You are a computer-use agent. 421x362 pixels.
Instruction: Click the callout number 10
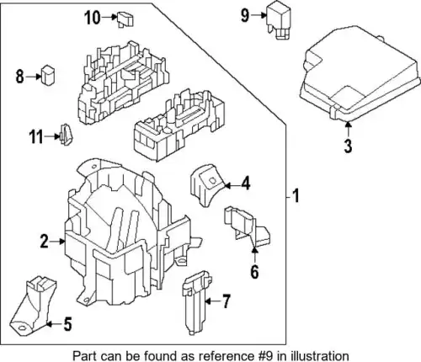(x=93, y=18)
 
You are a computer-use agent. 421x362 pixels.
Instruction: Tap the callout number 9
(x=245, y=15)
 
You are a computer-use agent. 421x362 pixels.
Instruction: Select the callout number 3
(x=348, y=146)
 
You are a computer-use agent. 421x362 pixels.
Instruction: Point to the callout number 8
(x=19, y=77)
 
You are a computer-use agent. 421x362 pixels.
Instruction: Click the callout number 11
(x=36, y=137)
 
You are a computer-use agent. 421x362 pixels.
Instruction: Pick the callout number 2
(x=45, y=242)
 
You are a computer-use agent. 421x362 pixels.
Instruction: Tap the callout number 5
(x=67, y=324)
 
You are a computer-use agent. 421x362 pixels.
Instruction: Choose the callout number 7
(x=226, y=301)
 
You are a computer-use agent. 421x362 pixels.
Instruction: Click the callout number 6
(x=254, y=272)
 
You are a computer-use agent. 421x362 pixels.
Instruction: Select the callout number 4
(x=246, y=184)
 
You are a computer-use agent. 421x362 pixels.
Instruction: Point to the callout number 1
(x=296, y=195)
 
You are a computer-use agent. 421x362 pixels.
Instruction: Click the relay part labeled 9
(x=278, y=20)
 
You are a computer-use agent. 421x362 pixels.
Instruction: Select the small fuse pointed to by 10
(x=125, y=19)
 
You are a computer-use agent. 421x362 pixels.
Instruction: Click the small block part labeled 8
(x=48, y=75)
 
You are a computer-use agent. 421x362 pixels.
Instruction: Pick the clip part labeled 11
(x=66, y=135)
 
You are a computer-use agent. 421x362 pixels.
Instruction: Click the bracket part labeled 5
(x=33, y=306)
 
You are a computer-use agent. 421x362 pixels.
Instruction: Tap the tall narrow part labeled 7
(x=197, y=302)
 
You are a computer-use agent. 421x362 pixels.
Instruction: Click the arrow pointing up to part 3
(x=348, y=129)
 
